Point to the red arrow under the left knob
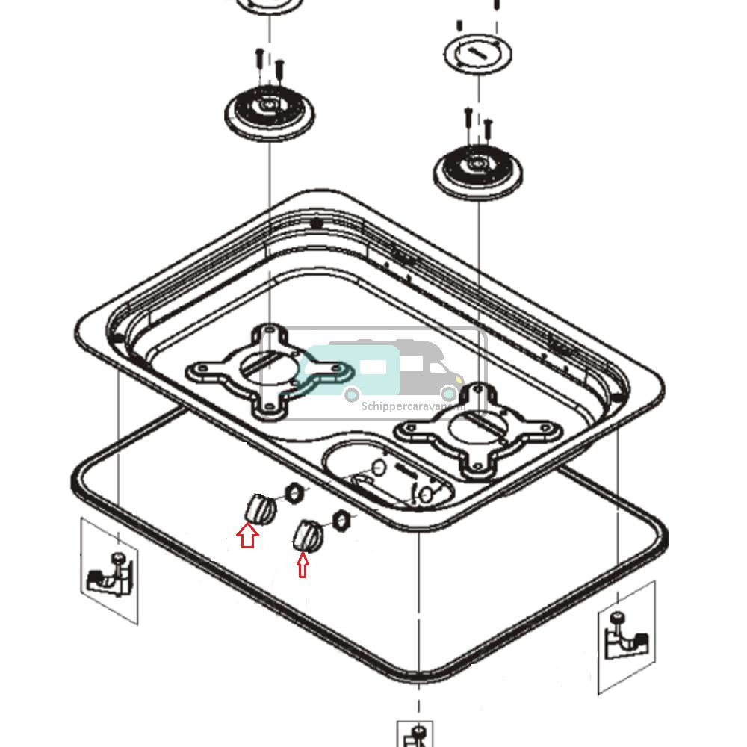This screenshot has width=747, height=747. point(247,536)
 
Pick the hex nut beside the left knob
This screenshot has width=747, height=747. point(294,493)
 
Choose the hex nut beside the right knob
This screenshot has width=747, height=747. point(340,517)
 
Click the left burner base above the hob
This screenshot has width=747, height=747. point(269,113)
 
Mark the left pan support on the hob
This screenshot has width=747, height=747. point(267,370)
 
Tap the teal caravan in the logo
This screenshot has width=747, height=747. point(351,370)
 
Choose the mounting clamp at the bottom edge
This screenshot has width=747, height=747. point(417,735)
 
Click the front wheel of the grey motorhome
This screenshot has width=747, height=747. point(448,393)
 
